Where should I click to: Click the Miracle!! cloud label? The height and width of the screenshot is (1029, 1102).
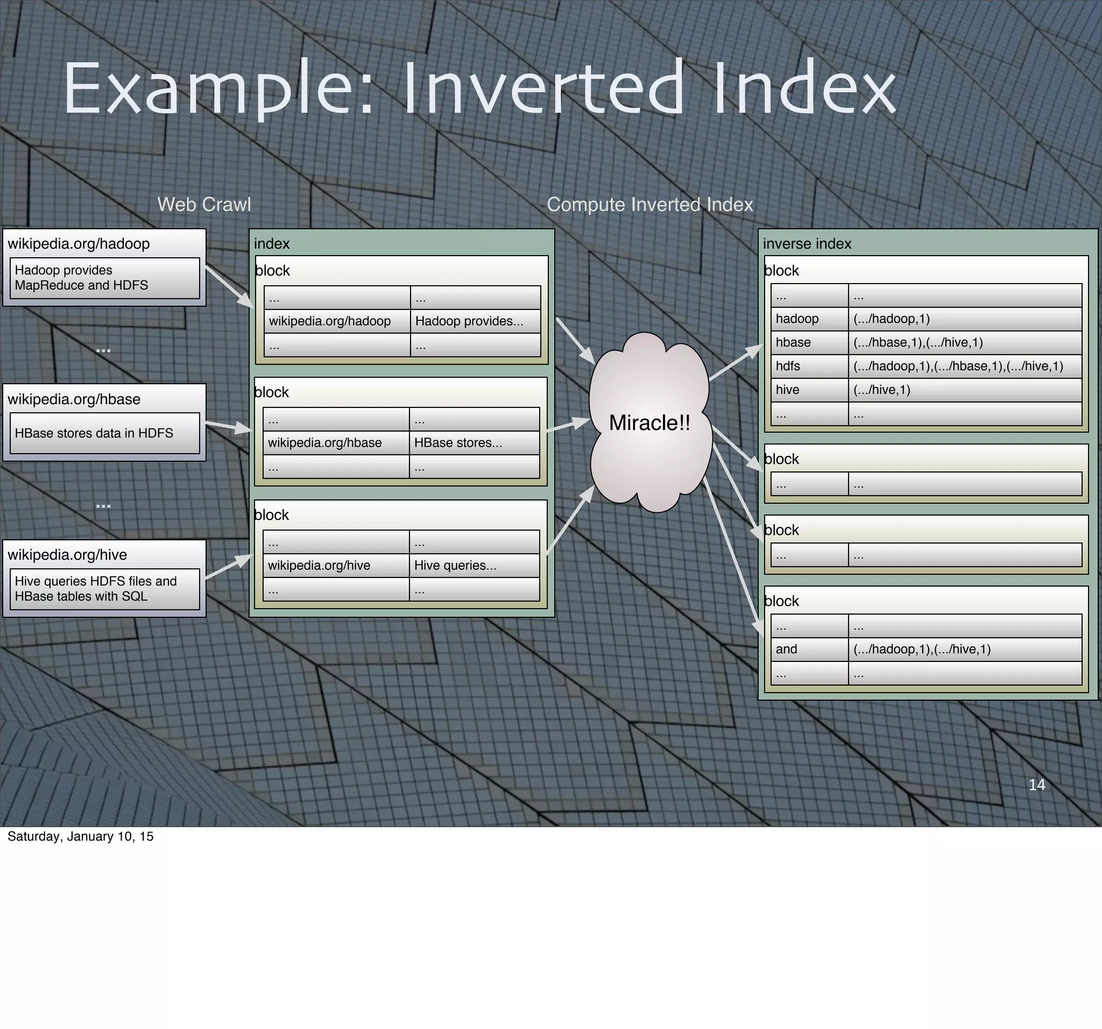tap(649, 423)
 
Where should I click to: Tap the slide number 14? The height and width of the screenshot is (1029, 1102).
tap(1036, 785)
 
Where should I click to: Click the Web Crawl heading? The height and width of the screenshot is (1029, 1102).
tap(204, 205)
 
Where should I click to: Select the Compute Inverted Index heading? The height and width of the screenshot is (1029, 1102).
tap(649, 205)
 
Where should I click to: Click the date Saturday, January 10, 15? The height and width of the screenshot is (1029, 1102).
tap(80, 836)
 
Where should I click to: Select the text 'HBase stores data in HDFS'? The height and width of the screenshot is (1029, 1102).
tap(94, 433)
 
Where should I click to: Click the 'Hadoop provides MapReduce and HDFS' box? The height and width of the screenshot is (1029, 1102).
tap(104, 278)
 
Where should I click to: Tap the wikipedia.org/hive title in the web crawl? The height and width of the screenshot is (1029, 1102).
tap(67, 555)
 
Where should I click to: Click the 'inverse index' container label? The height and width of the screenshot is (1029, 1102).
tap(807, 244)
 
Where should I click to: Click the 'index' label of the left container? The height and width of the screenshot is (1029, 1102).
tap(272, 244)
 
